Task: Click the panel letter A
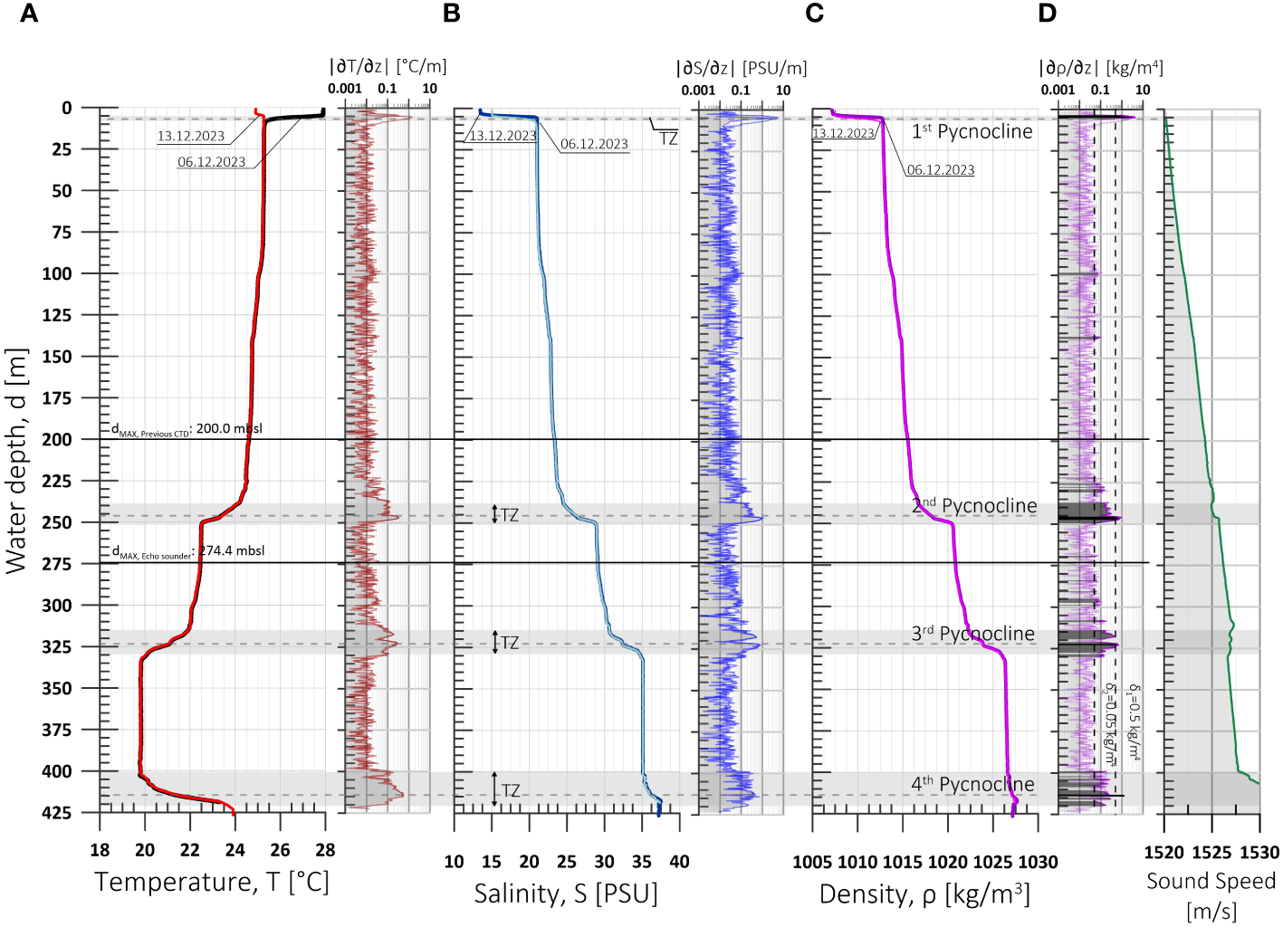[29, 14]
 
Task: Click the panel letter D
[1048, 14]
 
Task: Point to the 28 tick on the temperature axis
[325, 850]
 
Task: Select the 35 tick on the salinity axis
[641, 862]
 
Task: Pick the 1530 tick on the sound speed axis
[1259, 852]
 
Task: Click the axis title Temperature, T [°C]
[211, 882]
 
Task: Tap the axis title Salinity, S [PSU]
[566, 894]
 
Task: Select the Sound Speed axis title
[1211, 894]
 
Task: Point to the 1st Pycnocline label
[972, 132]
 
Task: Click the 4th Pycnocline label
[972, 784]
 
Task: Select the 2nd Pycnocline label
[973, 506]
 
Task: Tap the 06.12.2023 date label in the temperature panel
[211, 162]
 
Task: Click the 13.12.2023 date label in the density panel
[843, 133]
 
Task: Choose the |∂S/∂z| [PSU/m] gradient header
[741, 68]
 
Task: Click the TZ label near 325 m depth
[510, 643]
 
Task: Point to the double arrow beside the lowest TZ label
[494, 789]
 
